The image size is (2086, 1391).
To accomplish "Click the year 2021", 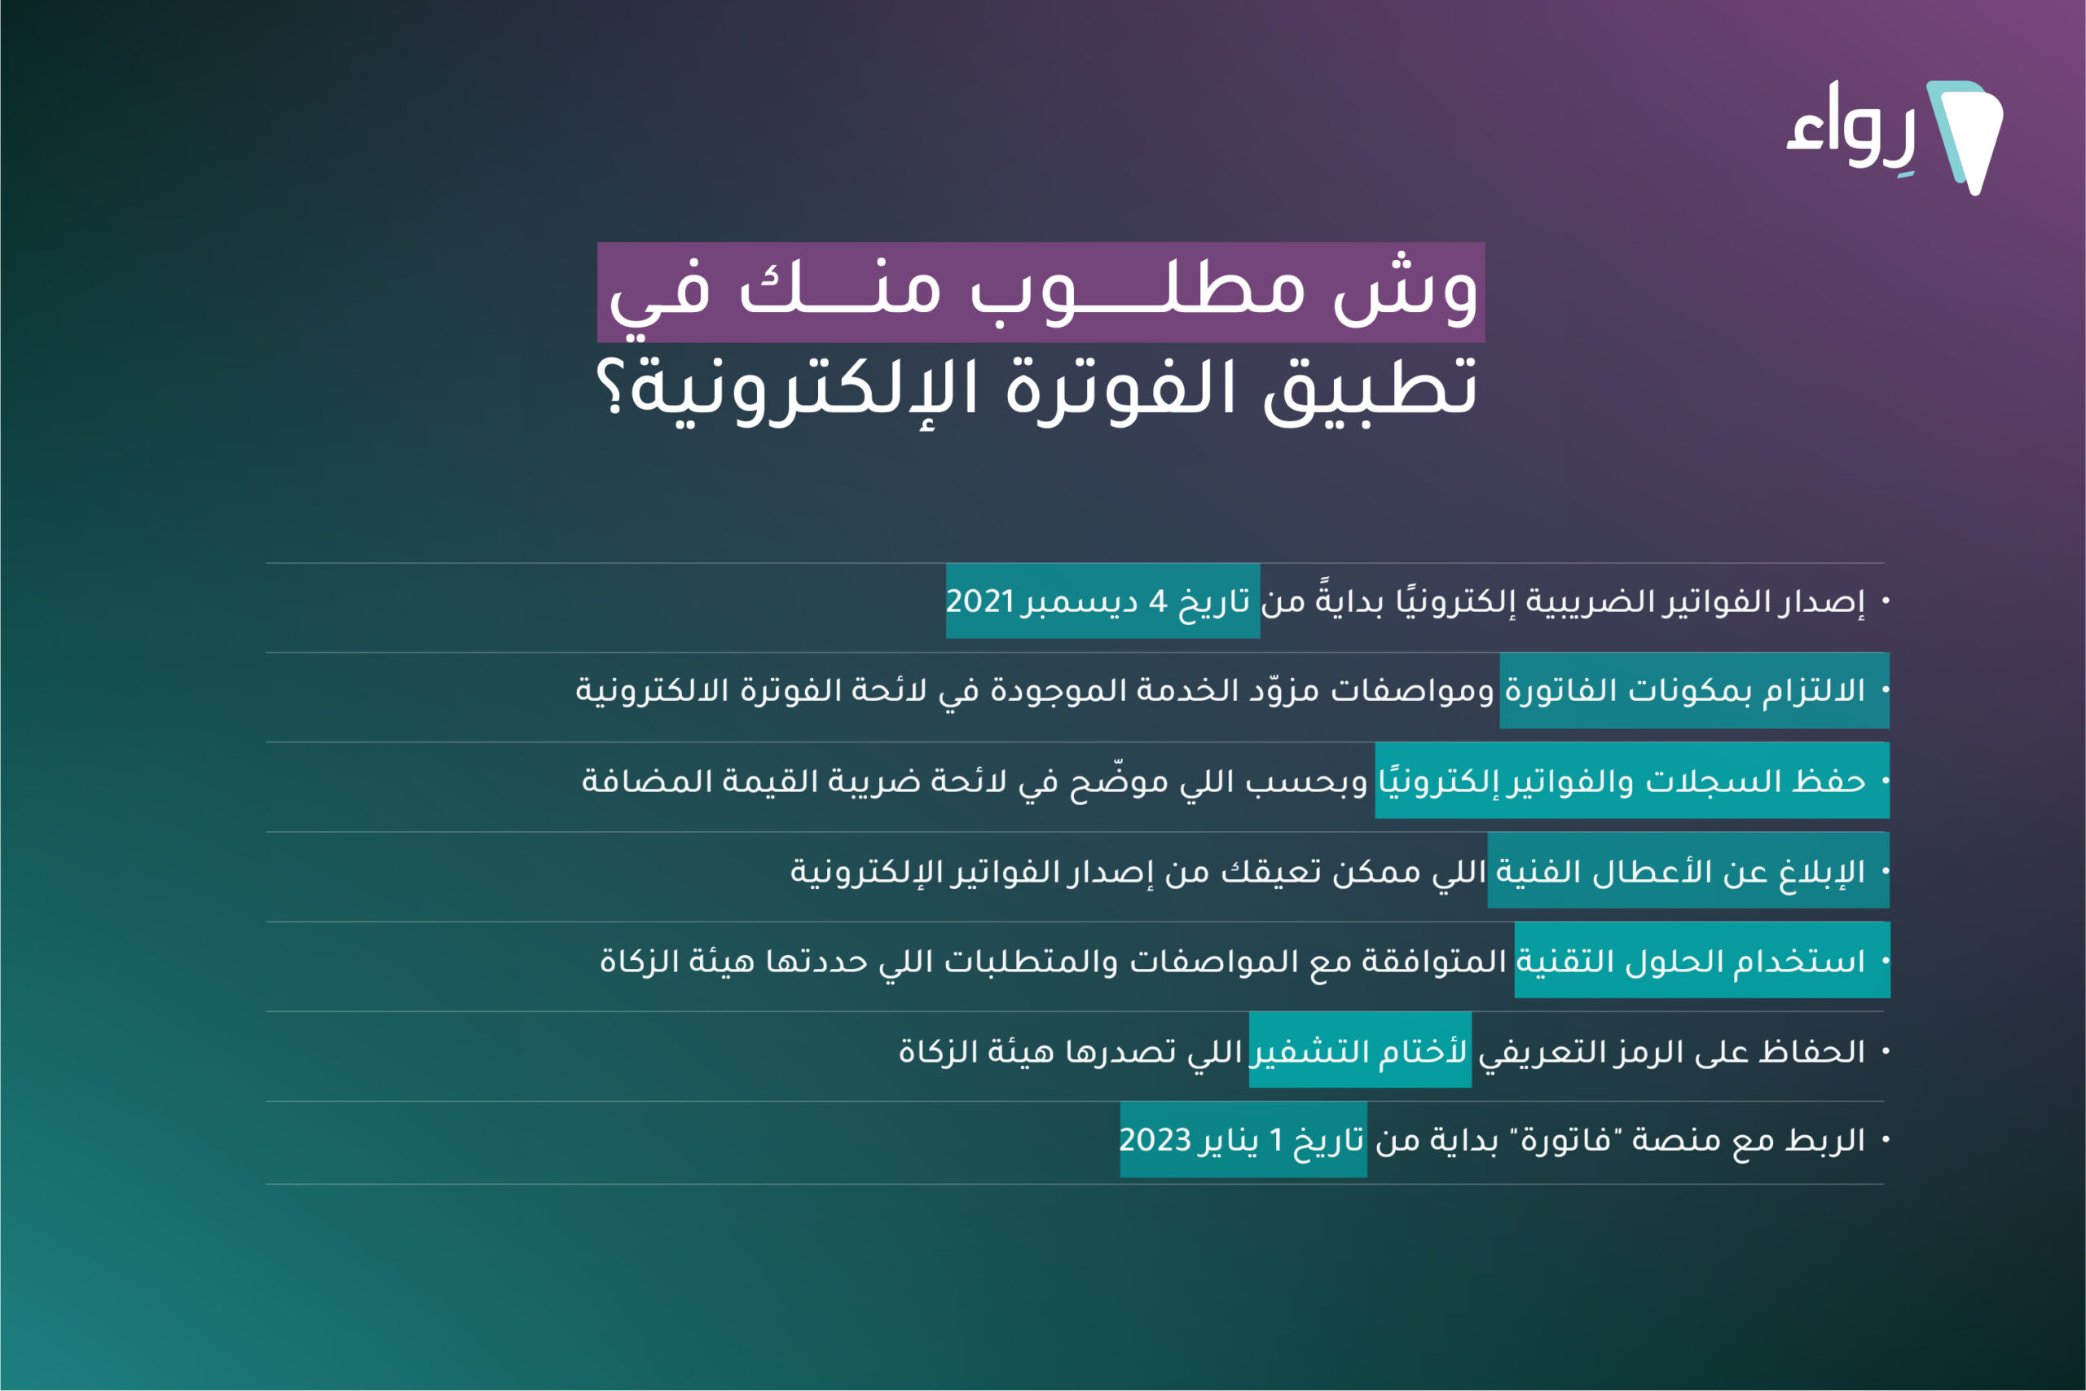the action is [980, 601].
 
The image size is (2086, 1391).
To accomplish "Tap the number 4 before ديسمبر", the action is [1157, 601].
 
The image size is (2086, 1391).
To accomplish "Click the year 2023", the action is [1155, 1139].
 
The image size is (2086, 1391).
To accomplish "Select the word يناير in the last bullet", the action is [1230, 1141].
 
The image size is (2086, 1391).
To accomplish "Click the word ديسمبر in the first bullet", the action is [1080, 602].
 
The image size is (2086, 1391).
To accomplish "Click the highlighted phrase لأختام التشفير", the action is [1360, 1051].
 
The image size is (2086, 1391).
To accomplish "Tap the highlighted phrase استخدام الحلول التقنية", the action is [1691, 961].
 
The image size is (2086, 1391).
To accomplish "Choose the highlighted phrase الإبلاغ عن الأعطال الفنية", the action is [1681, 872].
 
